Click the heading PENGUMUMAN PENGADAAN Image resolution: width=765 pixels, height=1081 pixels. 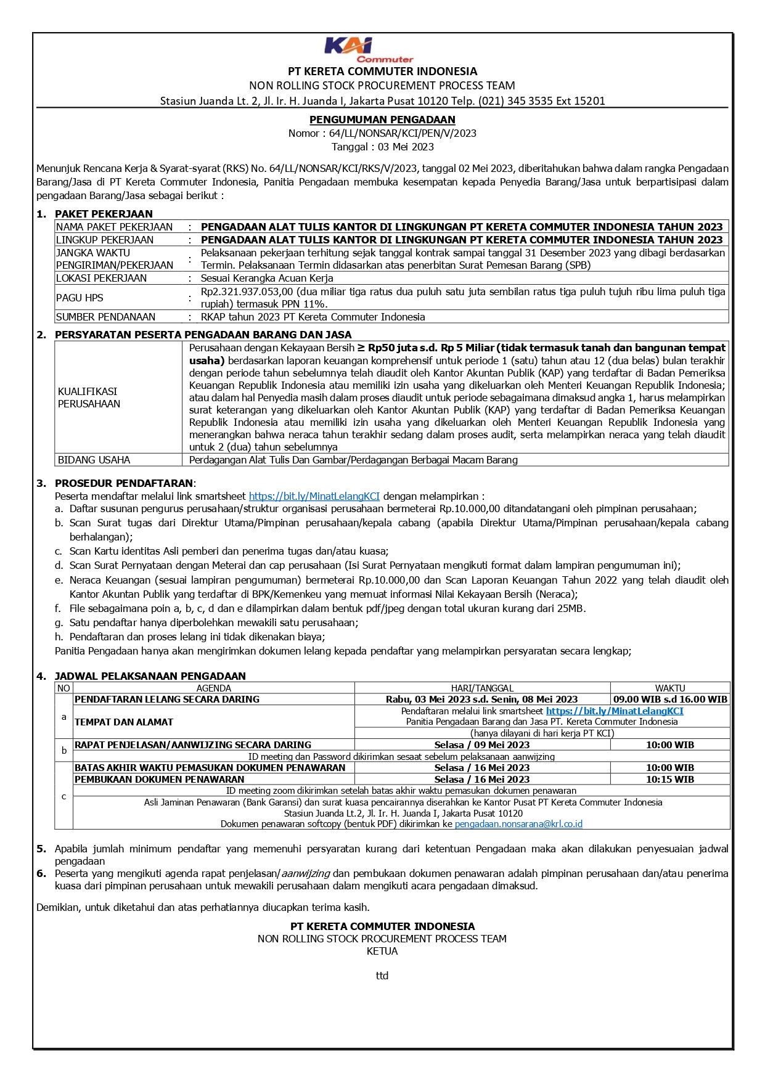pyautogui.click(x=382, y=120)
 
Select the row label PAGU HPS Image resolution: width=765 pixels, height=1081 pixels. pyautogui.click(x=80, y=298)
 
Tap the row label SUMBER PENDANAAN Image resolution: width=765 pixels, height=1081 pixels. pyautogui.click(x=105, y=317)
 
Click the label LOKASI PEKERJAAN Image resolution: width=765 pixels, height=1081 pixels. pyautogui.click(x=101, y=278)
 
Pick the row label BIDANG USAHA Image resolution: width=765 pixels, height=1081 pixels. pyautogui.click(x=94, y=460)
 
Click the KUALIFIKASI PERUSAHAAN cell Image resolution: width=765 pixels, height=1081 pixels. pyautogui.click(x=89, y=398)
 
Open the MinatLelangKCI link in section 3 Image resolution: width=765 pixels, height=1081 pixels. pyautogui.click(x=314, y=496)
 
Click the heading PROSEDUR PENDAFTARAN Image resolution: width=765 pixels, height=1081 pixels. pyautogui.click(x=124, y=483)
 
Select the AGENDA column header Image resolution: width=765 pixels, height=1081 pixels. pyautogui.click(x=213, y=688)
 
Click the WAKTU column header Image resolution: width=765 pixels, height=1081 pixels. pyautogui.click(x=669, y=688)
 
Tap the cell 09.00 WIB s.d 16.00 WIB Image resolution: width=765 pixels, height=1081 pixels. pyautogui.click(x=670, y=699)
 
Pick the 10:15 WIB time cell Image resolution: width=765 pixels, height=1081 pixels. pyautogui.click(x=669, y=779)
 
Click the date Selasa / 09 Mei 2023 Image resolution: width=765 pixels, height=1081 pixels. pyautogui.click(x=481, y=744)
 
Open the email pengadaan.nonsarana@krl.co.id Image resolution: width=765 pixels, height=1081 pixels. pyautogui.click(x=518, y=823)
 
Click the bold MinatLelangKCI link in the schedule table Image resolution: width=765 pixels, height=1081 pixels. pyautogui.click(x=614, y=711)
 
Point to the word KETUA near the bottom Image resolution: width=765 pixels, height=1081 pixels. pyautogui.click(x=382, y=951)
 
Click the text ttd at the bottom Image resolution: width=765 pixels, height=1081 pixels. pyautogui.click(x=382, y=976)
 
